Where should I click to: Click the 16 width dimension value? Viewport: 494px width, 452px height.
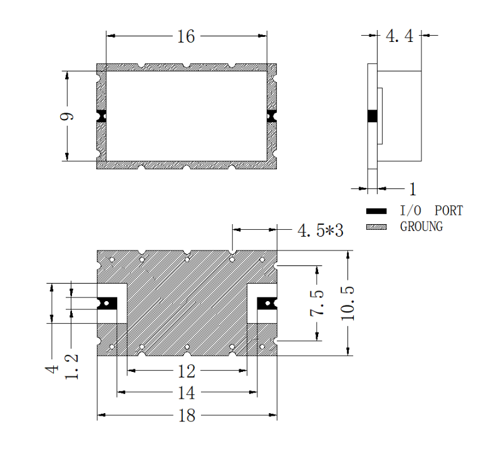186,36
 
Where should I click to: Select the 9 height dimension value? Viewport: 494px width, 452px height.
67,116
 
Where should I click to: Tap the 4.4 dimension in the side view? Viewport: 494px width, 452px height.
399,36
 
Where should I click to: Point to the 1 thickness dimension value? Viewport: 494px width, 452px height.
413,189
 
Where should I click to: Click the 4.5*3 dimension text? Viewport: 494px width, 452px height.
321,230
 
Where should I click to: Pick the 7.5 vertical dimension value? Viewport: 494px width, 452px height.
317,303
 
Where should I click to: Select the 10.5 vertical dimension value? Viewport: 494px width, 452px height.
348,304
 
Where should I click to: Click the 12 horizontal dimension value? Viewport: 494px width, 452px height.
187,371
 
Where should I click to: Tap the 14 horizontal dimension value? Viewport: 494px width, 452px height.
187,393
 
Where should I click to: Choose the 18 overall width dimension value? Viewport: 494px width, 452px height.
187,416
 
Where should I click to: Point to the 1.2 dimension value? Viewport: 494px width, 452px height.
71,366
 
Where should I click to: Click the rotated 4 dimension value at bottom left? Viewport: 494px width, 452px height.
52,369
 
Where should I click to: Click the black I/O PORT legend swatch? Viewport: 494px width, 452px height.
376,211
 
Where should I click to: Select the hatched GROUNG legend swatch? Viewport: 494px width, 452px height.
376,227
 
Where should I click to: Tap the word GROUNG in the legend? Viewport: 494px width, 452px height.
421,227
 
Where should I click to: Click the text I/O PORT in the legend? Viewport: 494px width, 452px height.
431,211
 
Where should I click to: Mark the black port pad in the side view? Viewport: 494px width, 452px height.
373,116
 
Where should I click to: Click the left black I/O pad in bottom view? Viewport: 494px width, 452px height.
108,303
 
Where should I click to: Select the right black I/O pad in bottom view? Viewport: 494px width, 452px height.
267,303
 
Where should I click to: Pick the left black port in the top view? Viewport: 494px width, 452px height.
101,116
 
